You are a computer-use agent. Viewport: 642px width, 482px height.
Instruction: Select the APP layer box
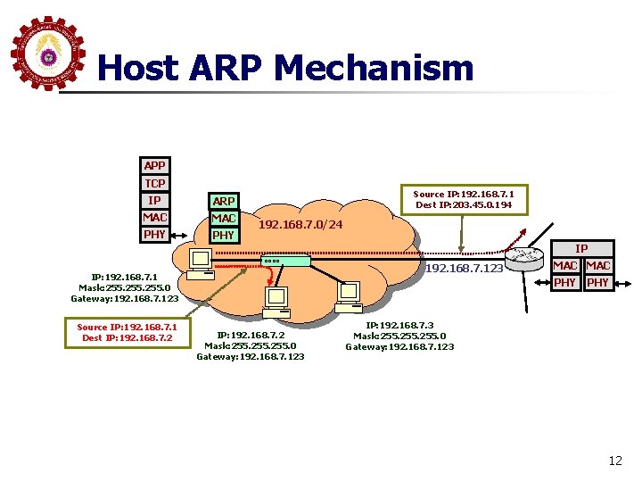tap(155, 165)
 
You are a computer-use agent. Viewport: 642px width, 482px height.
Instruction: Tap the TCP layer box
tap(155, 183)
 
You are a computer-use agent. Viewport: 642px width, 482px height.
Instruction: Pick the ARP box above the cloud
tap(223, 202)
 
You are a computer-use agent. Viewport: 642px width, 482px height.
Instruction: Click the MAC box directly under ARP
tap(223, 219)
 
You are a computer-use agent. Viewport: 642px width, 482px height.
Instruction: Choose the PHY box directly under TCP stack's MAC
tap(155, 235)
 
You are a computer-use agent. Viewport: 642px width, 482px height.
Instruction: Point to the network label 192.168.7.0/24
tap(301, 223)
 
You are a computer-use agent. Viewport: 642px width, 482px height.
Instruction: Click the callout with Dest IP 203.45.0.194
tap(469, 200)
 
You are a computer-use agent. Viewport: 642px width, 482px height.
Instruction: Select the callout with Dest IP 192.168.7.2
tap(127, 332)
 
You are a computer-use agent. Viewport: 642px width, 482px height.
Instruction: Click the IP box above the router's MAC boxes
tap(580, 248)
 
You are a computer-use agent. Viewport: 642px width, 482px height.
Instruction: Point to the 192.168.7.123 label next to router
tap(464, 269)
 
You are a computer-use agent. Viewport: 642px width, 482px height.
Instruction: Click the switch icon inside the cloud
tap(285, 262)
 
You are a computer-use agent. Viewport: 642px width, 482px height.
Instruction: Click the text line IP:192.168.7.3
tap(400, 325)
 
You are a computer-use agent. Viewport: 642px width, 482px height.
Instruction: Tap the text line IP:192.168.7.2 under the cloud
tap(251, 335)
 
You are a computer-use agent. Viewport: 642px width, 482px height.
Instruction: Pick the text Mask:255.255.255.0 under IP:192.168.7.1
tap(126, 287)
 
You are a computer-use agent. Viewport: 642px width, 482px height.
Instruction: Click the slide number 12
tap(614, 461)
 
